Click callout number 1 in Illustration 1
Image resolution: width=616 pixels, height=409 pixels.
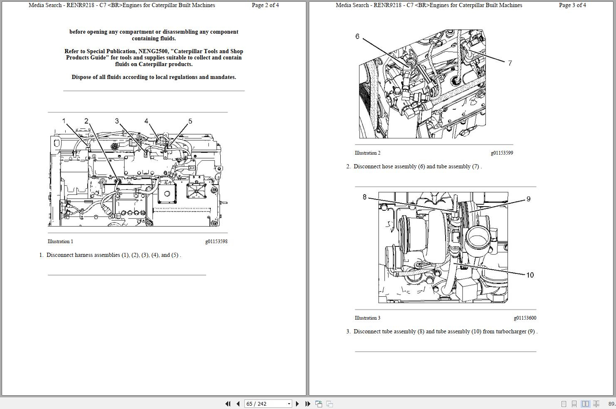point(64,121)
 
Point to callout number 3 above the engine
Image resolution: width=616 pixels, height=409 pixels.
point(117,121)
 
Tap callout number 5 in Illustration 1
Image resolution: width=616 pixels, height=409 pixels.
point(190,121)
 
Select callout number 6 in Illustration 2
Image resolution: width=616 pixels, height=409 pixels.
point(357,37)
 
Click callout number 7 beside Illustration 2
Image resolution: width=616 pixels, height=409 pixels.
point(510,63)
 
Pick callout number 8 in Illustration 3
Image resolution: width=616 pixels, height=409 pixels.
point(365,197)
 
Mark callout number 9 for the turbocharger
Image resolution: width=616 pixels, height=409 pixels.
point(528,199)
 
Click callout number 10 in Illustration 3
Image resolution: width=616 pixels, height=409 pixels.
point(530,275)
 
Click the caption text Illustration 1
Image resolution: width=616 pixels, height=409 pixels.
point(60,241)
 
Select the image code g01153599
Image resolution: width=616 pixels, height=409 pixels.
point(502,153)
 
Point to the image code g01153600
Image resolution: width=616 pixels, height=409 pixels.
point(525,318)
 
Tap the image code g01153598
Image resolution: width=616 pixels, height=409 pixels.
point(216,241)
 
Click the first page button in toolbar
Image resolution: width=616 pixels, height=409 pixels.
point(228,404)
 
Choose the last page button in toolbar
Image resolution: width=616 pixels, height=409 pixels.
point(308,404)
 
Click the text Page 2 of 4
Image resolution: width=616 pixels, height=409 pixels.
point(265,5)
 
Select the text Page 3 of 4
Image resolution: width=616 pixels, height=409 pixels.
point(572,5)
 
